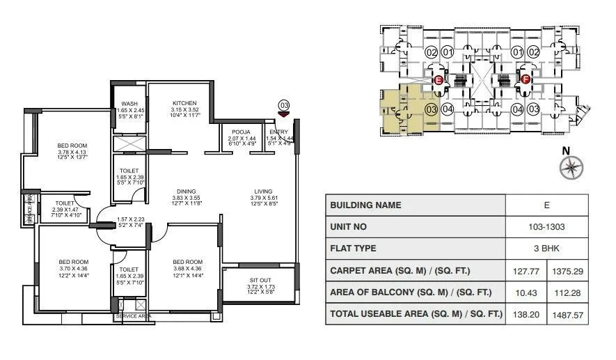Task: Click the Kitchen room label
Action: pyautogui.click(x=184, y=104)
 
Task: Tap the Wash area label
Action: pyautogui.click(x=129, y=104)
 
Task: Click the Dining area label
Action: pyautogui.click(x=186, y=191)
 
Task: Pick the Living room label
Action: pyautogui.click(x=263, y=191)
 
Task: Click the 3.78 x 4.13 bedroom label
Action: pyautogui.click(x=72, y=146)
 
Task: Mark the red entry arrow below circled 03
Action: pyautogui.click(x=283, y=114)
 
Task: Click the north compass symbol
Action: pyautogui.click(x=571, y=166)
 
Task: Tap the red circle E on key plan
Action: pyautogui.click(x=439, y=81)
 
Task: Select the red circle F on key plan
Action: pyautogui.click(x=526, y=81)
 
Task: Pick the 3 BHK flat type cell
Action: pyautogui.click(x=546, y=249)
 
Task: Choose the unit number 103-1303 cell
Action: pyautogui.click(x=546, y=227)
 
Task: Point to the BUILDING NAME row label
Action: pyautogui.click(x=365, y=205)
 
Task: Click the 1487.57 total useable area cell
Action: pyautogui.click(x=568, y=314)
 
